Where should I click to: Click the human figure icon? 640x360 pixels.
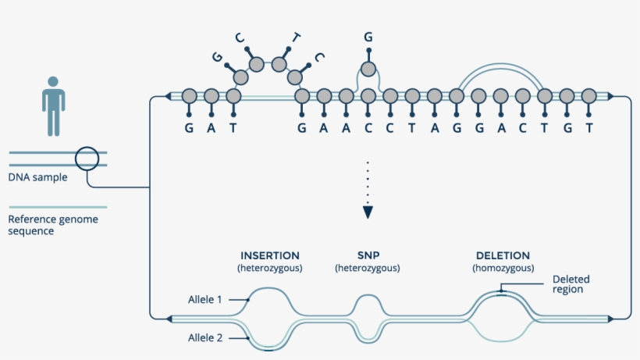53,105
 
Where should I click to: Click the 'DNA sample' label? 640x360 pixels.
37,177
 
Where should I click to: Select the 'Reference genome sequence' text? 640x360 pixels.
53,225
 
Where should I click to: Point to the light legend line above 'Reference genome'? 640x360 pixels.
58,208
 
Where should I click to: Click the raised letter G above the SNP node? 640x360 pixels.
368,37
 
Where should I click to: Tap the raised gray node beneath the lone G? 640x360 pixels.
368,70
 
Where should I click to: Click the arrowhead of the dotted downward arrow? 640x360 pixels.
368,212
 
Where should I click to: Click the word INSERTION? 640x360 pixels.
270,255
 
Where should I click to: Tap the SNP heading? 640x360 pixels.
368,255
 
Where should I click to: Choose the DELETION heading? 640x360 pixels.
503,255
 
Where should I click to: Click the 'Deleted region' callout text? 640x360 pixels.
571,284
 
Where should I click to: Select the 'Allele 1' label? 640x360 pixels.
205,299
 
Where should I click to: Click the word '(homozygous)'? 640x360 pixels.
503,269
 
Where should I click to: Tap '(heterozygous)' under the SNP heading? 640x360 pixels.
368,269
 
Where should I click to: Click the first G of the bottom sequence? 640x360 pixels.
189,128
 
